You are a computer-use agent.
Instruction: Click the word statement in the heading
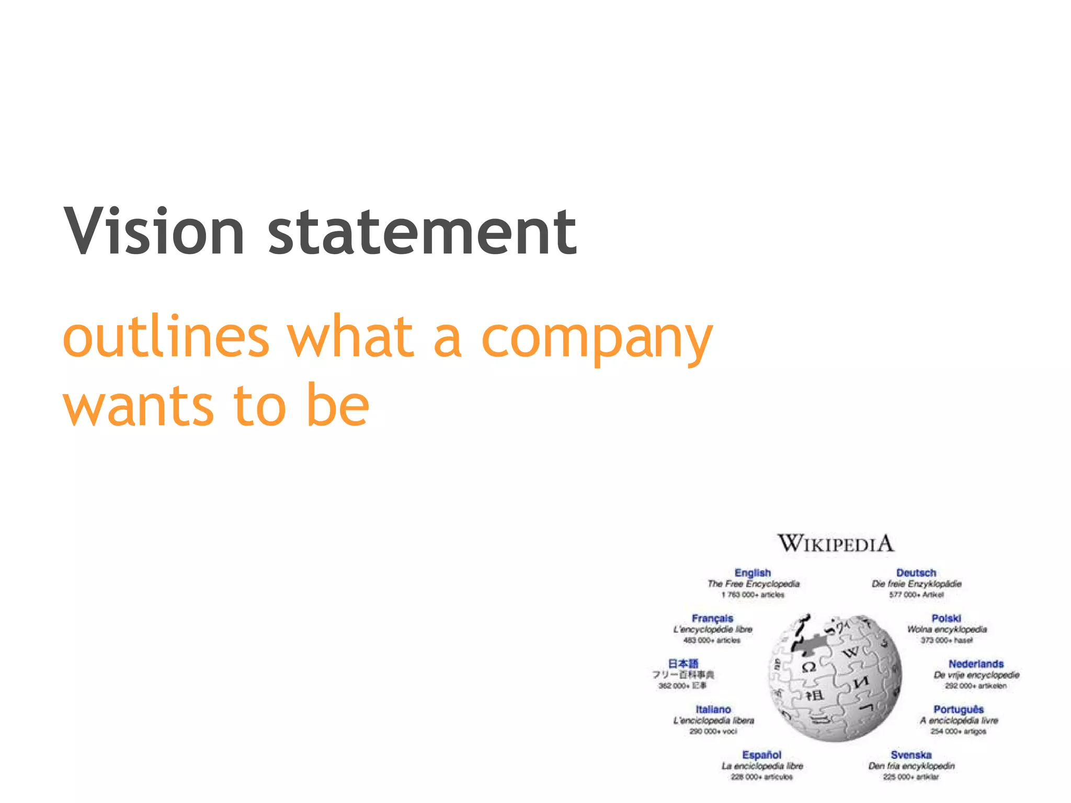click(x=422, y=231)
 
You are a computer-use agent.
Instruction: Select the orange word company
click(x=597, y=339)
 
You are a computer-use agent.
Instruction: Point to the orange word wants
click(x=138, y=405)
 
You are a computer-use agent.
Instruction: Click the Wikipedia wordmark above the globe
click(x=835, y=544)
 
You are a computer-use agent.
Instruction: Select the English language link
click(x=753, y=573)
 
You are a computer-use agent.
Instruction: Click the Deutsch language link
click(x=916, y=573)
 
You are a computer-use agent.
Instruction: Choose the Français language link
click(x=712, y=618)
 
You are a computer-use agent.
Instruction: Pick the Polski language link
click(x=947, y=618)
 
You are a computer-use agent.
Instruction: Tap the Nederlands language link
click(x=976, y=664)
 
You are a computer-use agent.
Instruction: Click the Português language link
click(x=959, y=709)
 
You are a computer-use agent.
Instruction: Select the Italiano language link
click(x=713, y=709)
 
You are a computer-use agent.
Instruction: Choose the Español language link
click(x=761, y=755)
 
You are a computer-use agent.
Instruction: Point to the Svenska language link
click(x=911, y=755)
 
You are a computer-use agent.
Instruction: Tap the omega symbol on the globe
click(x=808, y=668)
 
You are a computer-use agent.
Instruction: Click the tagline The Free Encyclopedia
click(x=754, y=584)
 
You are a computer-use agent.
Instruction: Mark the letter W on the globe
click(x=851, y=652)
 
